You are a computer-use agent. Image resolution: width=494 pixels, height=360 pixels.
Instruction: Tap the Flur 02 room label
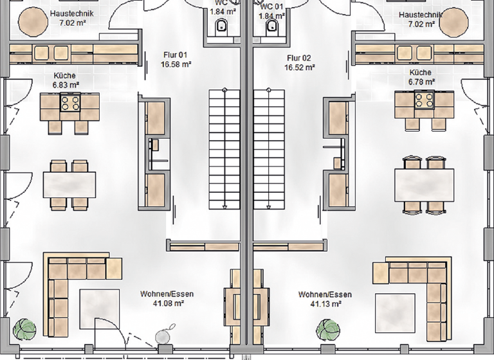tap(298, 57)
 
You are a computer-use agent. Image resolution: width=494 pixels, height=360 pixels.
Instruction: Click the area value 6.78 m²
tap(419, 82)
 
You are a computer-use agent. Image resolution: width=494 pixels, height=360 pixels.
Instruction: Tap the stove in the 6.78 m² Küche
tap(424, 100)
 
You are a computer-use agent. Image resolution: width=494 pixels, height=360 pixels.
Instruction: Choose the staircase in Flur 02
tap(268, 148)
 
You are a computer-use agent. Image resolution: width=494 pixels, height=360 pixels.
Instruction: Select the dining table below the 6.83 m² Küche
tap(69, 184)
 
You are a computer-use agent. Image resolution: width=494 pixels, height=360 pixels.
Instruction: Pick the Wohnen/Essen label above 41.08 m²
tap(167, 294)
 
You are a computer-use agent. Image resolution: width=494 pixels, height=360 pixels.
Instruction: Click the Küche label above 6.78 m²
tap(419, 73)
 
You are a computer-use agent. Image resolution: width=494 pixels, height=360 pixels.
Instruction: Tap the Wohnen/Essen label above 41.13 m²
tap(325, 294)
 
